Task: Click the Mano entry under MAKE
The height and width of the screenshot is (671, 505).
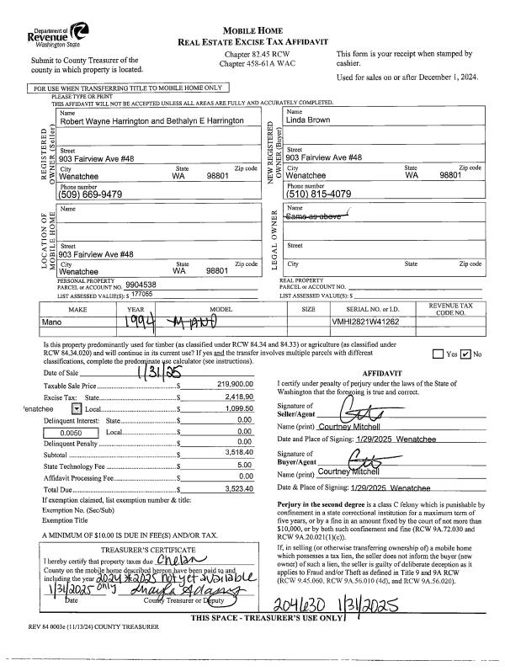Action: [54, 321]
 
